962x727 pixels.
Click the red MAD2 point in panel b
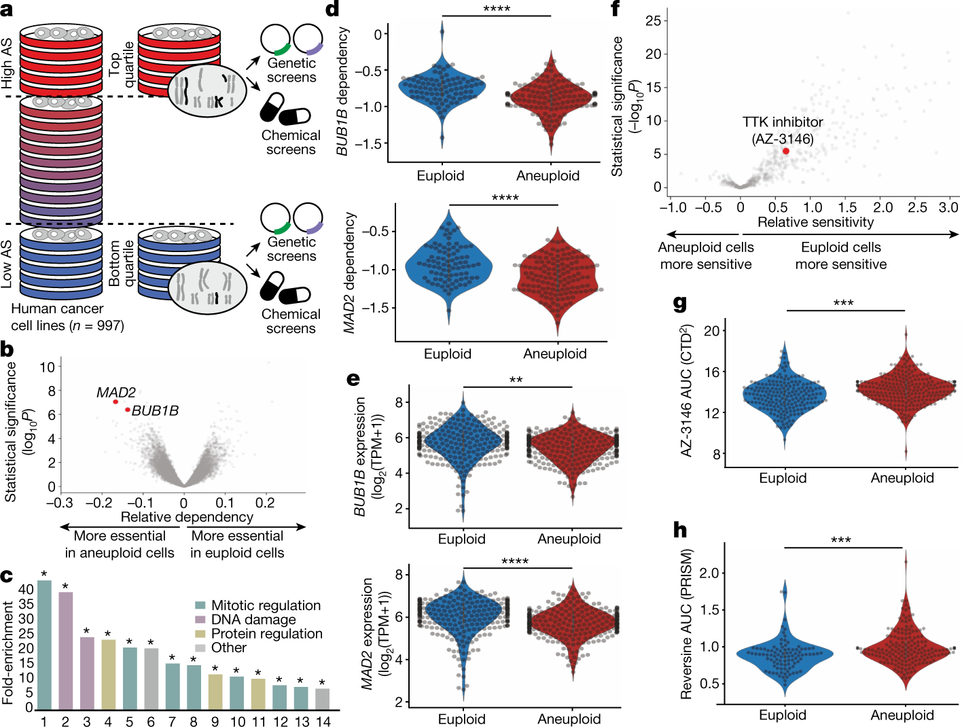point(115,402)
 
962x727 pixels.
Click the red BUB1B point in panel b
point(128,410)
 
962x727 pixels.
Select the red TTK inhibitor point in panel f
point(786,151)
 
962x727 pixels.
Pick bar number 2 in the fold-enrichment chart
point(66,650)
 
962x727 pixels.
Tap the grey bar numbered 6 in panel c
point(151,678)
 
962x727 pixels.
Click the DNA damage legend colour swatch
point(200,620)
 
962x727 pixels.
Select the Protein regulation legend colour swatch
point(200,634)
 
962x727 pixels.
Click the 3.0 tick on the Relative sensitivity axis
point(948,207)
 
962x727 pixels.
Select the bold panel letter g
point(680,302)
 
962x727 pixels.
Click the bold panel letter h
point(680,529)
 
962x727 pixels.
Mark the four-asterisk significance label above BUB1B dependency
point(496,9)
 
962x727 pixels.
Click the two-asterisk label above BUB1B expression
point(516,380)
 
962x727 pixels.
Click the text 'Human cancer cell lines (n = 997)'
point(67,317)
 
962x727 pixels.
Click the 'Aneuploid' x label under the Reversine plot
point(902,715)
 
